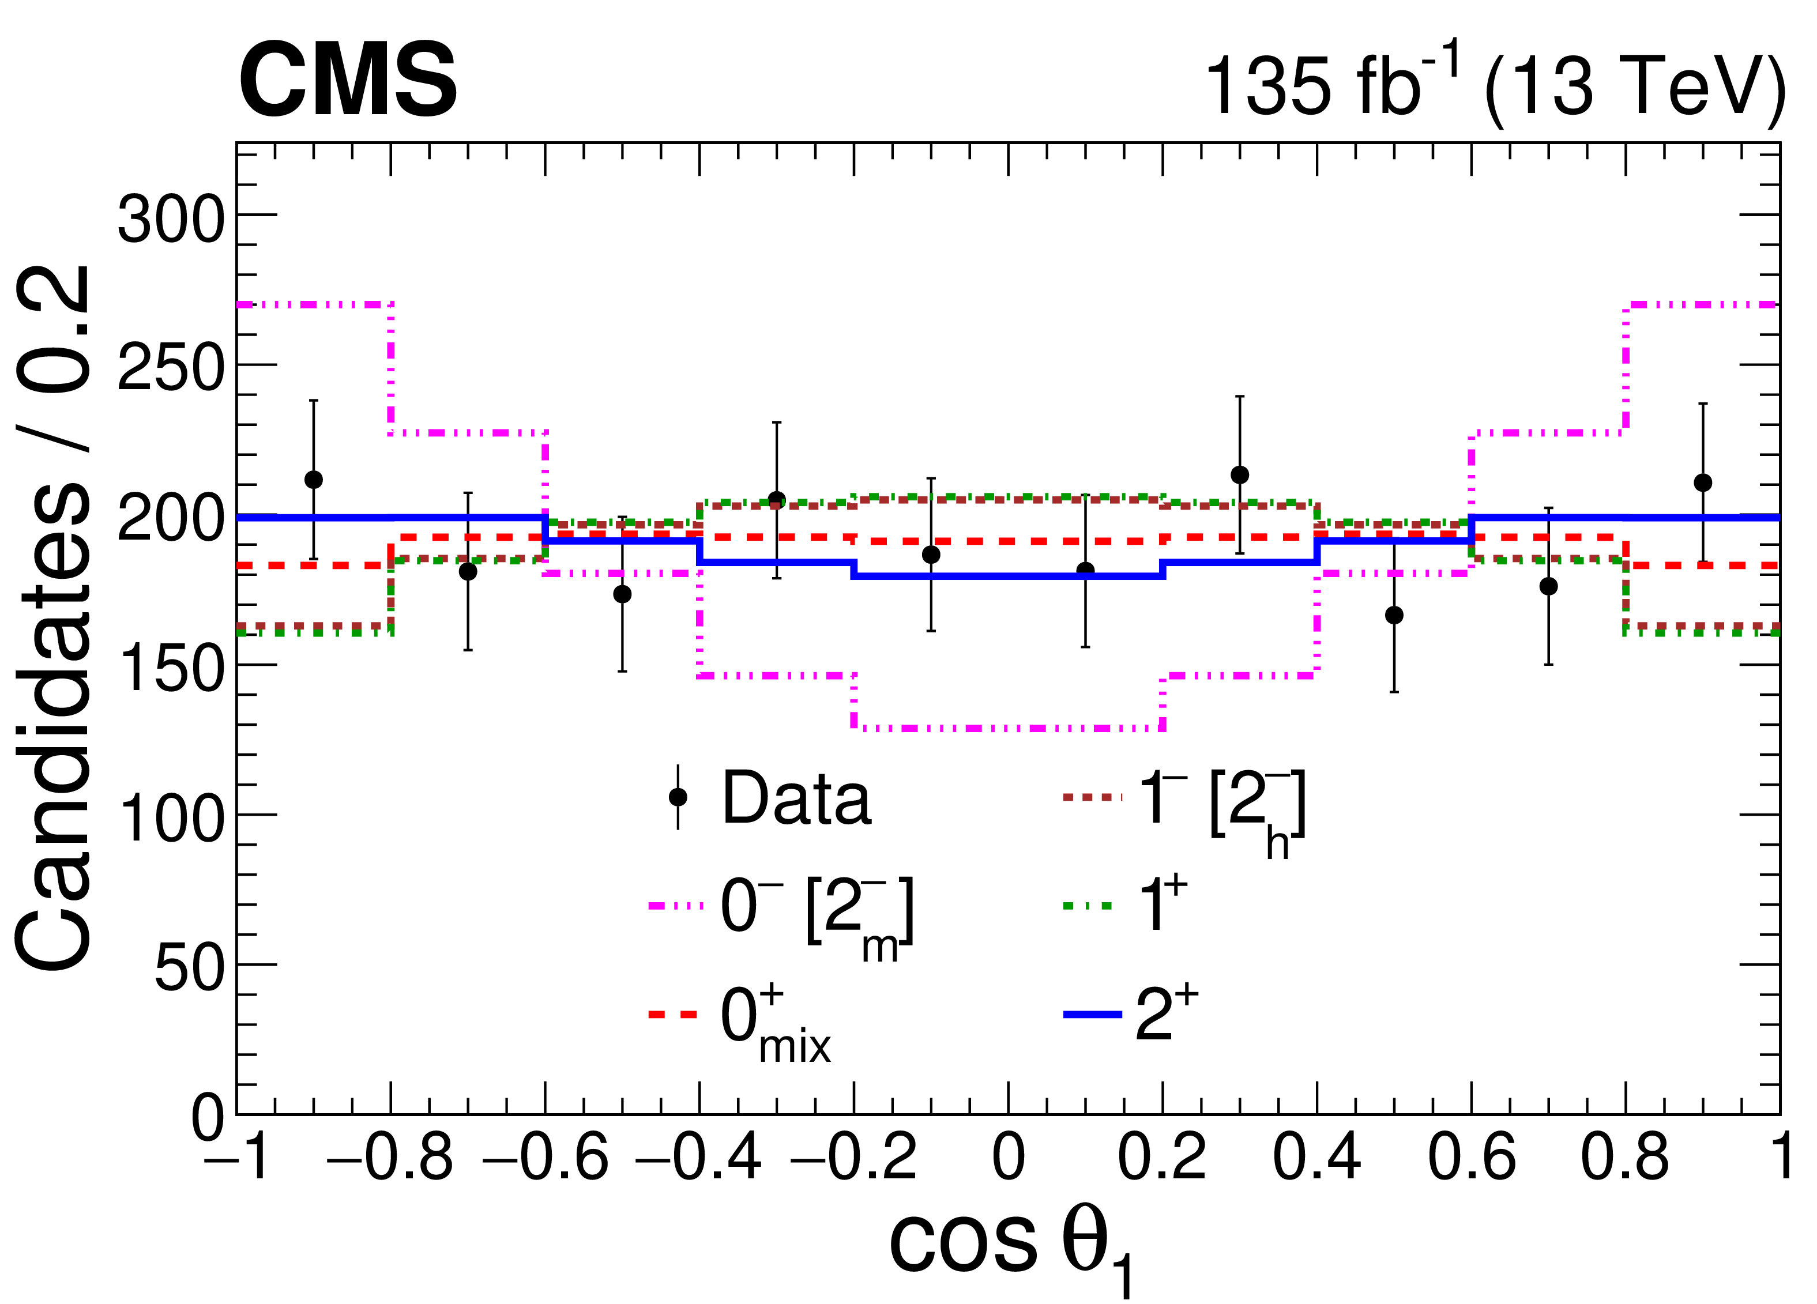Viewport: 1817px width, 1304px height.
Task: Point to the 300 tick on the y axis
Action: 171,218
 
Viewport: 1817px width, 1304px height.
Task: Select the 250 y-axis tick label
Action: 171,368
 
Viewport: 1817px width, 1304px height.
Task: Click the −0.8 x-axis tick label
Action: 390,1158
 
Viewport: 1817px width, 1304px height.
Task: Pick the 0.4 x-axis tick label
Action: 1316,1158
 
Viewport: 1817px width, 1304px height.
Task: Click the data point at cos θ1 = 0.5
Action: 1394,615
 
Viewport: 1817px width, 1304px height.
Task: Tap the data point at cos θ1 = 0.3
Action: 1239,475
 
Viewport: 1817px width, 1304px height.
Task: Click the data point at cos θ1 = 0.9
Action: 1702,483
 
